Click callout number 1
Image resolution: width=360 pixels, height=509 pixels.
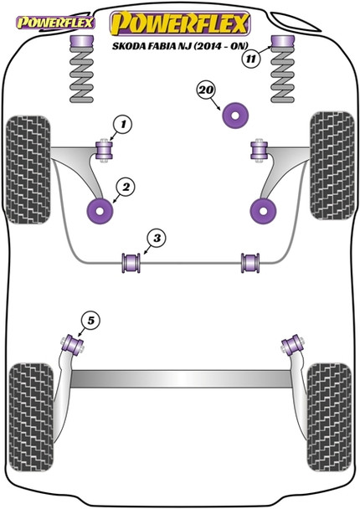click(121, 126)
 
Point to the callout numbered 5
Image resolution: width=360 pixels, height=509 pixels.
click(89, 318)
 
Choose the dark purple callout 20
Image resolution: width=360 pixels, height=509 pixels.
click(205, 90)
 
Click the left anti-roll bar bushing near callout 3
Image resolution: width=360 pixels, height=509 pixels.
click(131, 261)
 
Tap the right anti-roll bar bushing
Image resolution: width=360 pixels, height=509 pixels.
click(249, 261)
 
